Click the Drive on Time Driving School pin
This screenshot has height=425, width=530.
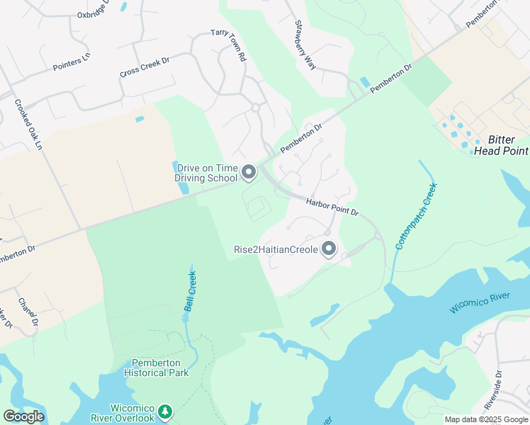pyautogui.click(x=249, y=172)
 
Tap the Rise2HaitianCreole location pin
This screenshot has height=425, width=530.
pyautogui.click(x=328, y=249)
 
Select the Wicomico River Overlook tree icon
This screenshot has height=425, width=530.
pyautogui.click(x=165, y=411)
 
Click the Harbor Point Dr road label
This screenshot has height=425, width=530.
pyautogui.click(x=333, y=207)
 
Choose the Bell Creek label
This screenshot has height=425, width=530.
pyautogui.click(x=189, y=290)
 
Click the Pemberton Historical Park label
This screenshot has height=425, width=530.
pyautogui.click(x=156, y=367)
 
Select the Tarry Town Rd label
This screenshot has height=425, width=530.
pyautogui.click(x=227, y=45)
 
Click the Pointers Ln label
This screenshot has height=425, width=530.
pyautogui.click(x=72, y=62)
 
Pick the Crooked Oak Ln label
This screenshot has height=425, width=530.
pyautogui.click(x=29, y=124)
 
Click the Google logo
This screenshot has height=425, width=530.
pyautogui.click(x=23, y=416)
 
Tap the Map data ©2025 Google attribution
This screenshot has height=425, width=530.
pyautogui.click(x=486, y=419)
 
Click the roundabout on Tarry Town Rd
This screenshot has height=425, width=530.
pyautogui.click(x=255, y=108)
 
